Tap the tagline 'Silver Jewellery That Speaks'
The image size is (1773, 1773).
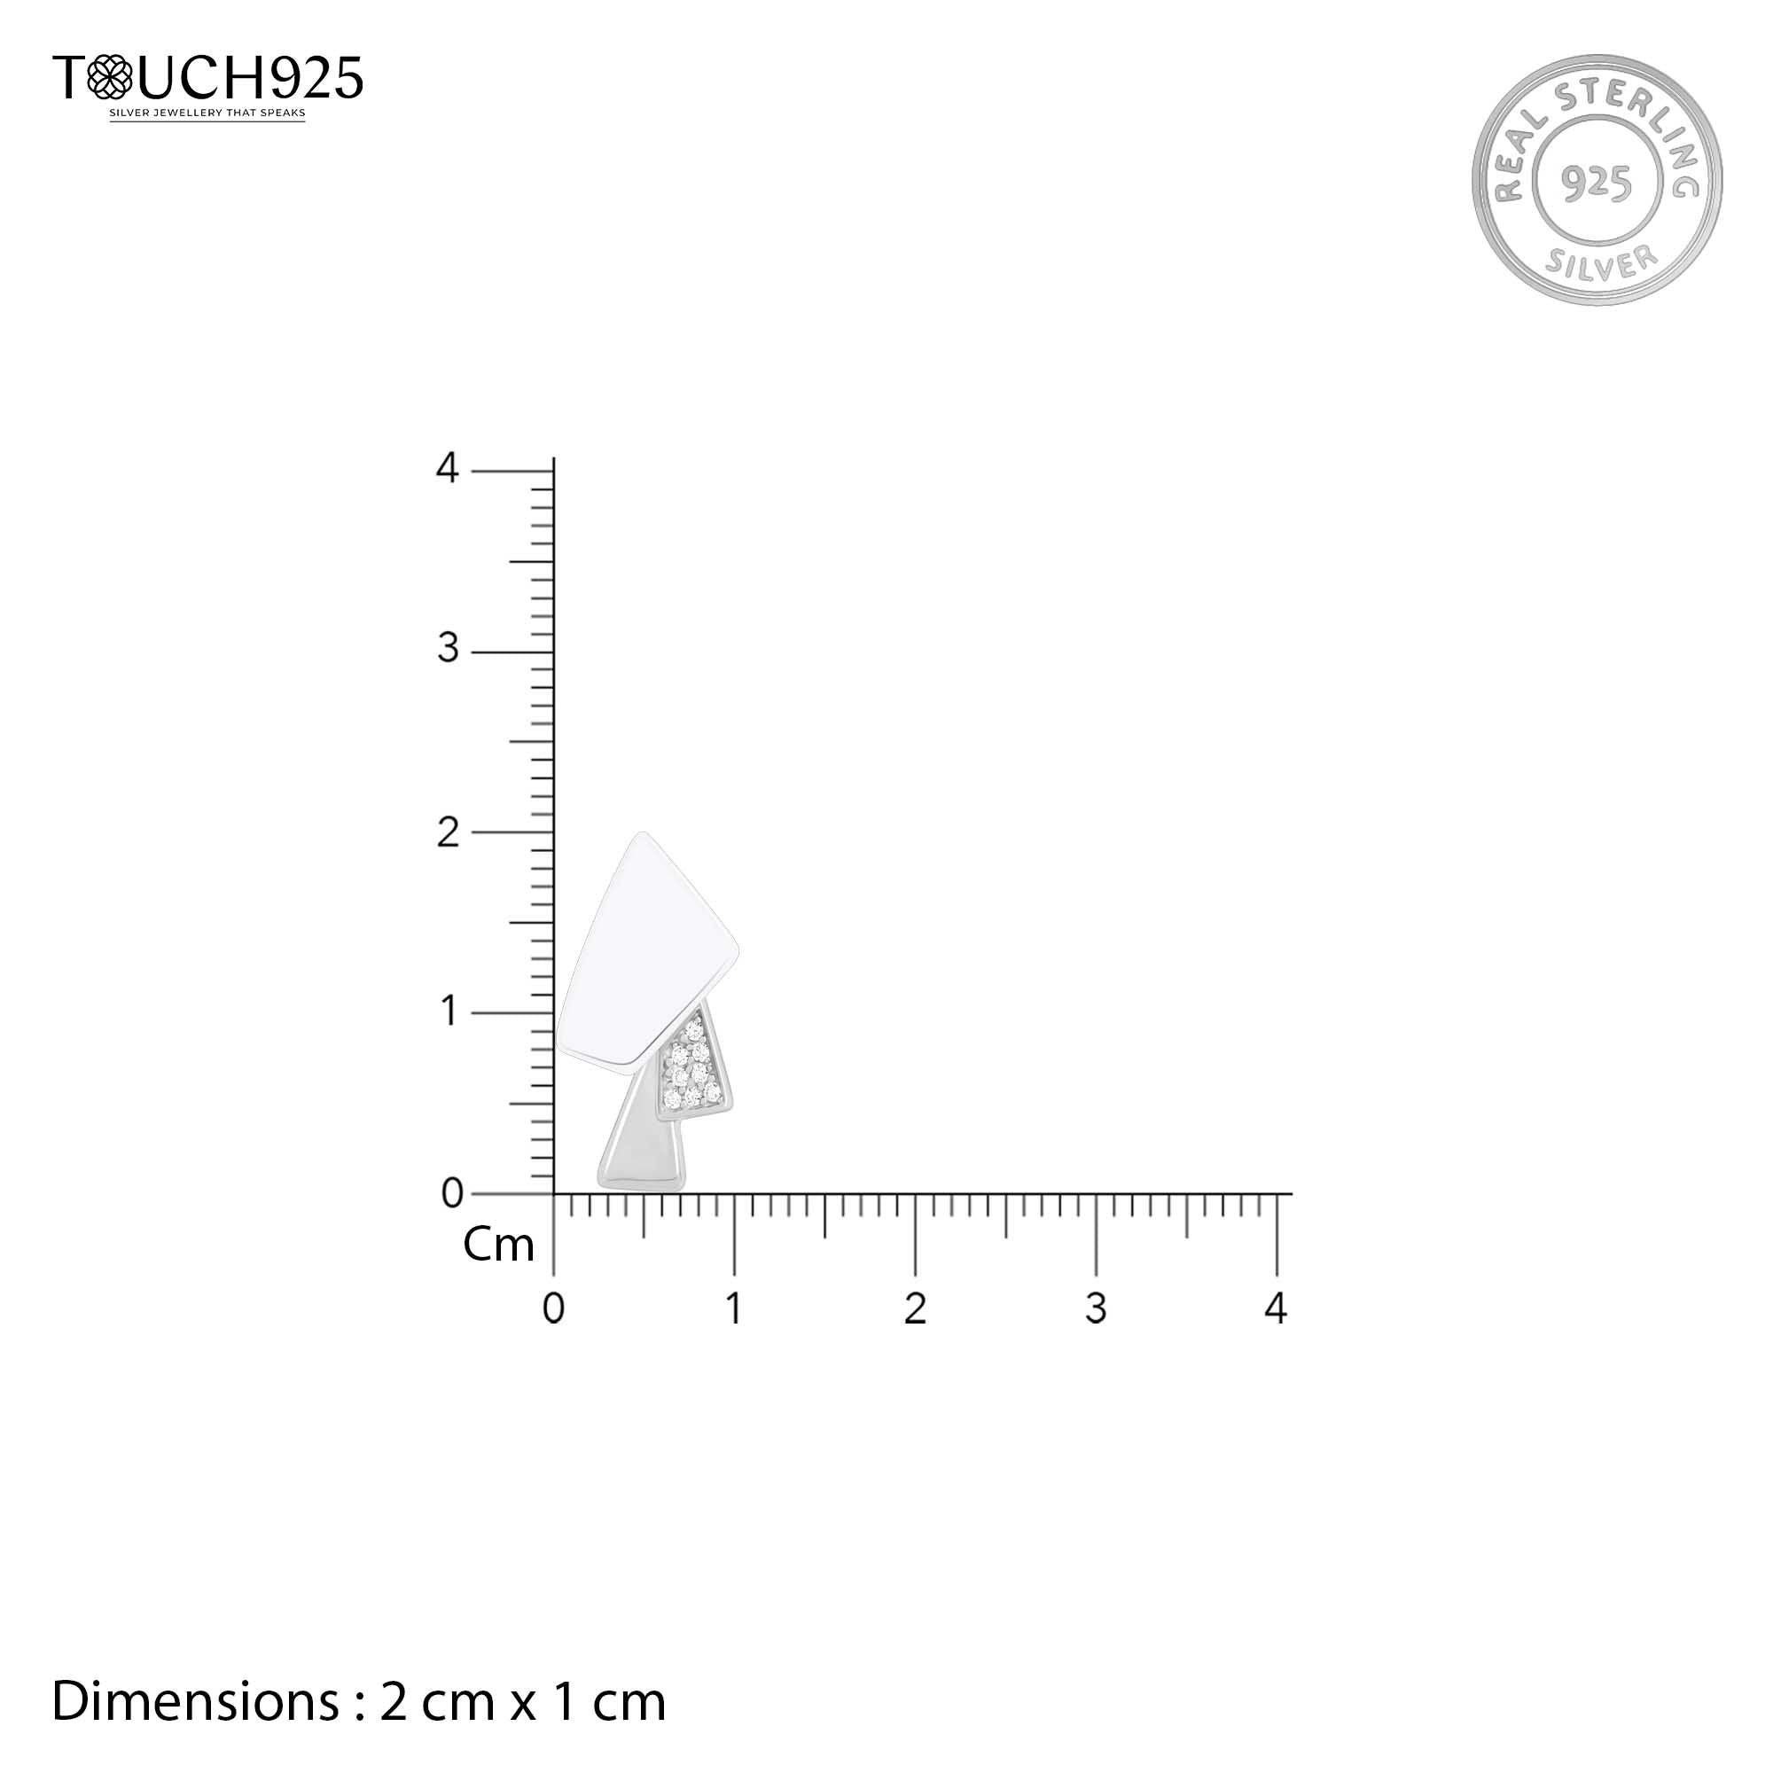pos(207,113)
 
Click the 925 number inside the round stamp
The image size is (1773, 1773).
pos(1597,184)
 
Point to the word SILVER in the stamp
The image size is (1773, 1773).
pos(1601,262)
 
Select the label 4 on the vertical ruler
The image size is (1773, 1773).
pos(447,468)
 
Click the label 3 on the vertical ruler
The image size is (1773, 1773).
pos(448,649)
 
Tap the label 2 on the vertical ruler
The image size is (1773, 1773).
pos(448,832)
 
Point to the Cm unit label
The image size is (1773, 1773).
pos(498,1246)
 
